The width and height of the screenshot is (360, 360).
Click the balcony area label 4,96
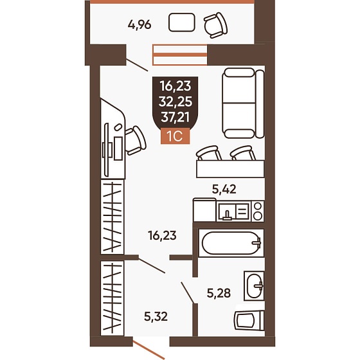click(139, 24)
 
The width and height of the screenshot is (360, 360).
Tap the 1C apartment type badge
click(175, 136)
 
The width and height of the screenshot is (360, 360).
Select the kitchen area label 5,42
click(224, 190)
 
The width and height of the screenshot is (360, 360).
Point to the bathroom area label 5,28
click(219, 293)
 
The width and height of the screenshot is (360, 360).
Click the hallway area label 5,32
click(156, 316)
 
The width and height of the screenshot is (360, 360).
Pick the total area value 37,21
click(175, 118)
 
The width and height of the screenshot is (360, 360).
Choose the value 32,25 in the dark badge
click(175, 102)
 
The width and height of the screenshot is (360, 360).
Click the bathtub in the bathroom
click(231, 243)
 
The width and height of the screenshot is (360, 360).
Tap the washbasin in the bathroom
click(254, 286)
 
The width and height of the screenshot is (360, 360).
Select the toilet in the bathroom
click(249, 321)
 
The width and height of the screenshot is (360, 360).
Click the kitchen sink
click(234, 212)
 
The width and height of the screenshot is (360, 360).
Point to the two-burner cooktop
click(258, 212)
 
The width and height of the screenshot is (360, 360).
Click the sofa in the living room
click(243, 103)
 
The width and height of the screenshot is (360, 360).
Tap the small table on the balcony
click(181, 22)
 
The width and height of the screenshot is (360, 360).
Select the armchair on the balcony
click(215, 25)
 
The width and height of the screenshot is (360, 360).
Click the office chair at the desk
click(136, 141)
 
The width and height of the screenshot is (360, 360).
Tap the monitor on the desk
click(106, 150)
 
